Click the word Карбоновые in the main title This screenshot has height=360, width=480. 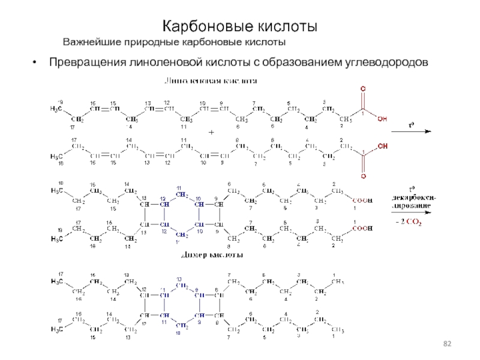202,27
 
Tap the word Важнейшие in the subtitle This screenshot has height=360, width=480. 92,42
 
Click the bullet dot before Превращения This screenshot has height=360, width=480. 38,62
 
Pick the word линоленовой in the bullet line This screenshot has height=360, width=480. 160,62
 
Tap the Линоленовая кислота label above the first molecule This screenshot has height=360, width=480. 212,80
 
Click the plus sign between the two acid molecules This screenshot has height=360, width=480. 211,131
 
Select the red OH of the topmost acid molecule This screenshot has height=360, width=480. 382,119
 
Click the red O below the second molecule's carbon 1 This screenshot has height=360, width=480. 362,176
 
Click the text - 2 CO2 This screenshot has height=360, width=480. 408,222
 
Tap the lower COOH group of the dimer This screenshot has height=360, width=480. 361,229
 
